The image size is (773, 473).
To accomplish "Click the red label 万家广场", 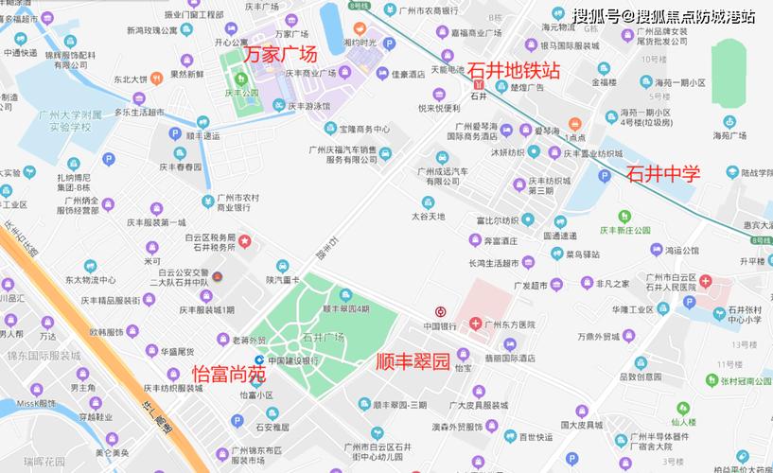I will point(281,55).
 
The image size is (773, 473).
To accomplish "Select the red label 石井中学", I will point(662,173).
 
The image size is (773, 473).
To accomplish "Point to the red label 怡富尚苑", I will point(229,374).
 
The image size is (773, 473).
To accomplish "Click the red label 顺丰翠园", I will point(413,361).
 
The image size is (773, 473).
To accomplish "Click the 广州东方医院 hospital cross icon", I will point(475,324).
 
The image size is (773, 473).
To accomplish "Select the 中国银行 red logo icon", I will point(440,312).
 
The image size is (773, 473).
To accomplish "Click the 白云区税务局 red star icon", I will point(243,244).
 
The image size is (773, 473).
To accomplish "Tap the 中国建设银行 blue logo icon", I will point(259,360).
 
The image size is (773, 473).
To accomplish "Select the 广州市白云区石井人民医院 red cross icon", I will point(706,284).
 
